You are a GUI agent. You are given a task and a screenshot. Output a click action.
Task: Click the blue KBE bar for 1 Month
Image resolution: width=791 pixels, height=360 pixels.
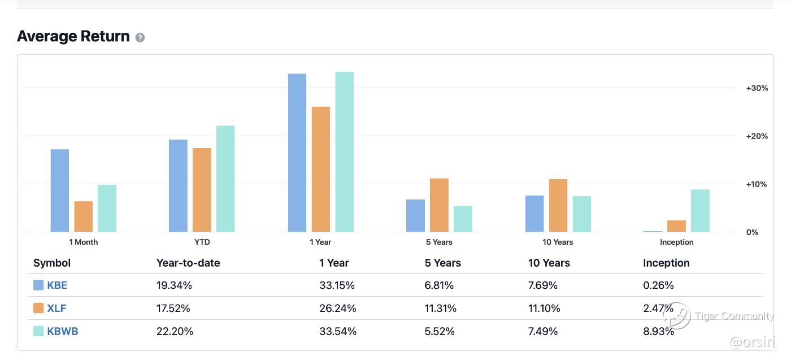click(x=60, y=190)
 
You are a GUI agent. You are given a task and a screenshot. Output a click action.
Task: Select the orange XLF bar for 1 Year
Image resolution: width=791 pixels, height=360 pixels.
click(x=321, y=169)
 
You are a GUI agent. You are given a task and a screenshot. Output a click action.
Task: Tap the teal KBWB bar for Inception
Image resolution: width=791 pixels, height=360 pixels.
click(x=700, y=210)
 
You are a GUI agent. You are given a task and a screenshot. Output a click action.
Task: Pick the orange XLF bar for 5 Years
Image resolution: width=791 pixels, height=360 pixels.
click(x=439, y=205)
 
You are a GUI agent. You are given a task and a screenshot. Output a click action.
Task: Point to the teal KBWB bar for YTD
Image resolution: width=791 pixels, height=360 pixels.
click(x=225, y=179)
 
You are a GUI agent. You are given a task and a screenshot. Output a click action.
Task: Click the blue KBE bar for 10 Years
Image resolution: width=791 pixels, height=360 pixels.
click(x=534, y=214)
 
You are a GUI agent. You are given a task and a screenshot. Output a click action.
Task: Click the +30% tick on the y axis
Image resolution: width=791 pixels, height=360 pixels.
click(x=757, y=88)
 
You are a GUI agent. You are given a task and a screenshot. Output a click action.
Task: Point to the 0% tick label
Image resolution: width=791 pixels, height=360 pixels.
click(x=752, y=232)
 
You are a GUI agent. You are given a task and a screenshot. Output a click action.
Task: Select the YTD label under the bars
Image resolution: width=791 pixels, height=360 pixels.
click(x=202, y=242)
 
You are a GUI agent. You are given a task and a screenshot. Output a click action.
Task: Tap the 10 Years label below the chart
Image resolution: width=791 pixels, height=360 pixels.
click(x=558, y=242)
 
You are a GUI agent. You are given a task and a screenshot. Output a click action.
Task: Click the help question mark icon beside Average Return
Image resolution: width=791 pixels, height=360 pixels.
click(x=140, y=37)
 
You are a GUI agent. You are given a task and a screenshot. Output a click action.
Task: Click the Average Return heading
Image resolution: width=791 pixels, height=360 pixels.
click(x=73, y=36)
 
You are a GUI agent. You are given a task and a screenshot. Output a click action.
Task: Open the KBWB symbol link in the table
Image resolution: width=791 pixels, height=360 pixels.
click(x=63, y=331)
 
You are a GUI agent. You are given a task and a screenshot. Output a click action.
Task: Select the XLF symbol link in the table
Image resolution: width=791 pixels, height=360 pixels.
click(x=57, y=308)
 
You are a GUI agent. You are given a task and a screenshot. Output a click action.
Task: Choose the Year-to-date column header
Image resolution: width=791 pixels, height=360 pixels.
click(x=188, y=263)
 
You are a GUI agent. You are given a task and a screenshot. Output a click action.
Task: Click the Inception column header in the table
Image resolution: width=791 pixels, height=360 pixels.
click(x=666, y=263)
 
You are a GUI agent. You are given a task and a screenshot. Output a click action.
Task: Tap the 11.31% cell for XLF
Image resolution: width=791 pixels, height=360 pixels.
click(x=441, y=308)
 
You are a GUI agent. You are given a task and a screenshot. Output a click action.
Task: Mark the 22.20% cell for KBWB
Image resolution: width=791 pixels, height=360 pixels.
click(x=175, y=331)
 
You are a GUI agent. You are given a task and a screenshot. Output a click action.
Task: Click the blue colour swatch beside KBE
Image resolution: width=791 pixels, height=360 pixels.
click(x=38, y=285)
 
